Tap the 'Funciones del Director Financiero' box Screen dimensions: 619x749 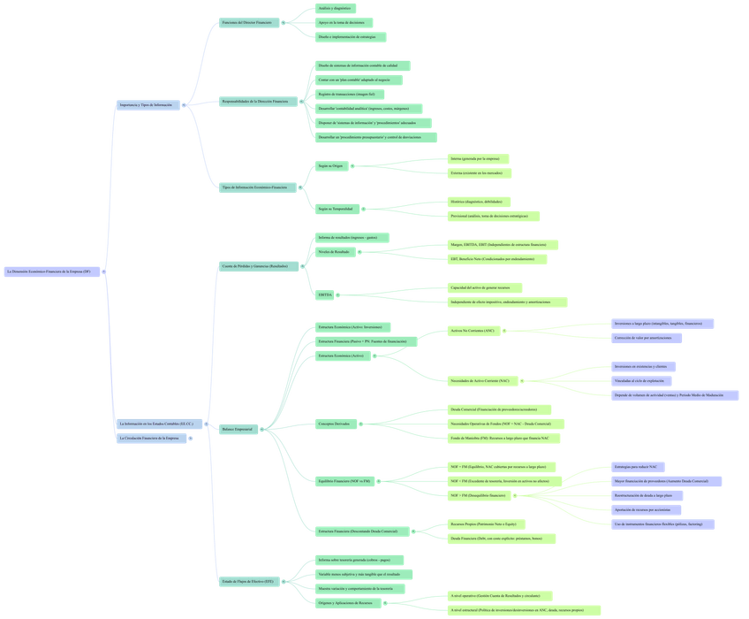point(247,21)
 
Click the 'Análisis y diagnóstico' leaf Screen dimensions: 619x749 point(336,8)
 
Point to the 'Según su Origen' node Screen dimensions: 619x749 point(330,165)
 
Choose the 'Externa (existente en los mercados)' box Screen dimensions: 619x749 point(480,173)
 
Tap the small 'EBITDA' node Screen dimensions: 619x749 point(325,294)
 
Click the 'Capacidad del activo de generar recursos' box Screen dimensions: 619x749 point(485,287)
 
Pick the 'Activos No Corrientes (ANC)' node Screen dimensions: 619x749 point(474,331)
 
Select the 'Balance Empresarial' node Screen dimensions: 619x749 point(238,429)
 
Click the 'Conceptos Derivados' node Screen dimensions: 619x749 point(333,424)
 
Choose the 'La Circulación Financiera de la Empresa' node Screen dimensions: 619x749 point(152,438)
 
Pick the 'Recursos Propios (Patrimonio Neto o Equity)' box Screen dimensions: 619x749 point(488,523)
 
